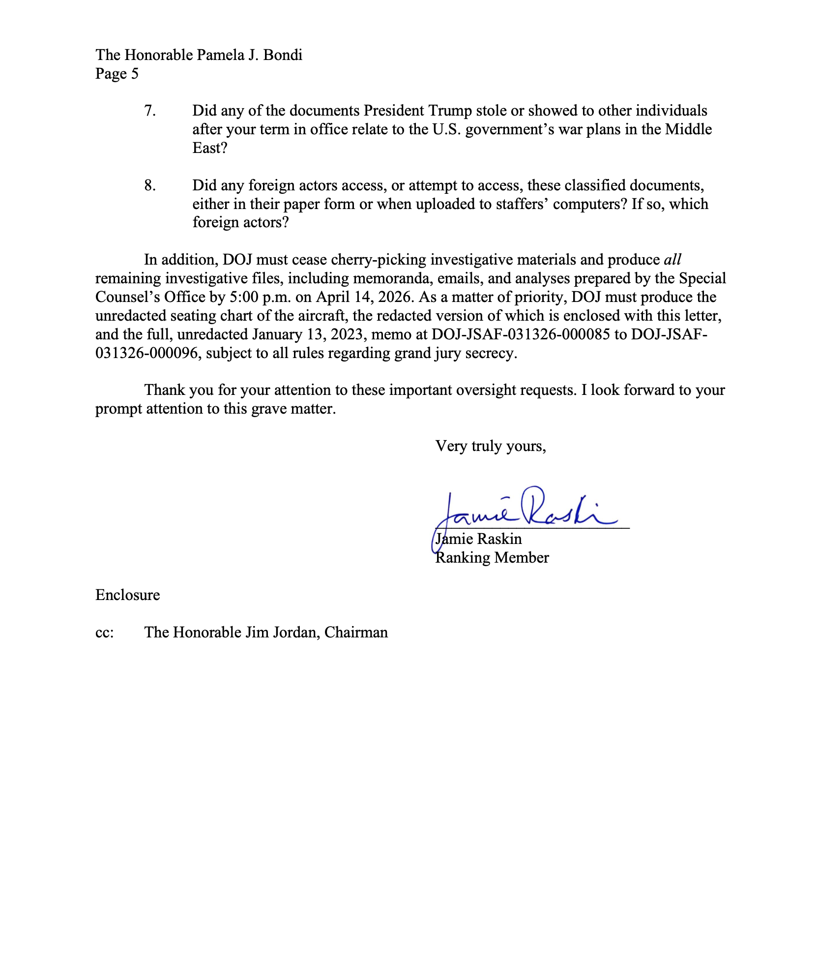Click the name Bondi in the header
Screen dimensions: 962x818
coord(283,55)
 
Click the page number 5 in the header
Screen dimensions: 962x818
coord(134,74)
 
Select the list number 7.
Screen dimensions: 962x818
coord(150,111)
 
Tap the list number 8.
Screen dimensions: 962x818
coord(150,185)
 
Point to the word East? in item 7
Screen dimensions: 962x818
coord(210,148)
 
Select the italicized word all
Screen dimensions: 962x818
coord(672,260)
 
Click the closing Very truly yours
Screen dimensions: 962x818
coord(491,446)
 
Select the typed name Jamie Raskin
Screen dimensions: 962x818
coord(479,539)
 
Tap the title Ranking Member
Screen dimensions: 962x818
coord(492,558)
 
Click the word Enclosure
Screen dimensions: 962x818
coord(128,595)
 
